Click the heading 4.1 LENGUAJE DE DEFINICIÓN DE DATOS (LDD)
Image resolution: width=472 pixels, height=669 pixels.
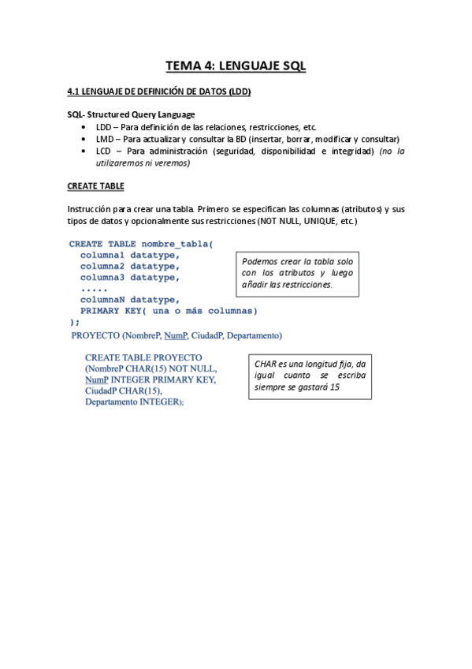158,92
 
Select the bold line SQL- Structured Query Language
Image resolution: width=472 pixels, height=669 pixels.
130,115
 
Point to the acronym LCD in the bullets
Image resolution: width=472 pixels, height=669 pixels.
104,151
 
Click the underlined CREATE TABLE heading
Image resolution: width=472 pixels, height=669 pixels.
95,186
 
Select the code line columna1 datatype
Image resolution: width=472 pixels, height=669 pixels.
129,255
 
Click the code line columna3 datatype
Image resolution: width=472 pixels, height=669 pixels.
129,277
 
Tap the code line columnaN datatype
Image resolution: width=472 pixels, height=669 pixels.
129,299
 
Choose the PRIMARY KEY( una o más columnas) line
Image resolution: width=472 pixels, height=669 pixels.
169,310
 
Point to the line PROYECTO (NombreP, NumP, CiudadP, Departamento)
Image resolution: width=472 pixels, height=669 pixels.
177,336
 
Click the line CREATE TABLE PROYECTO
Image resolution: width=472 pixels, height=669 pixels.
143,357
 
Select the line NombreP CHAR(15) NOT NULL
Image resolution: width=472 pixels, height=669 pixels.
151,368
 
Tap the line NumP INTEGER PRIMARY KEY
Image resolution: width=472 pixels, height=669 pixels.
150,379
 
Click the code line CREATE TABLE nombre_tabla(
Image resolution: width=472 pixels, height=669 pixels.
141,244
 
